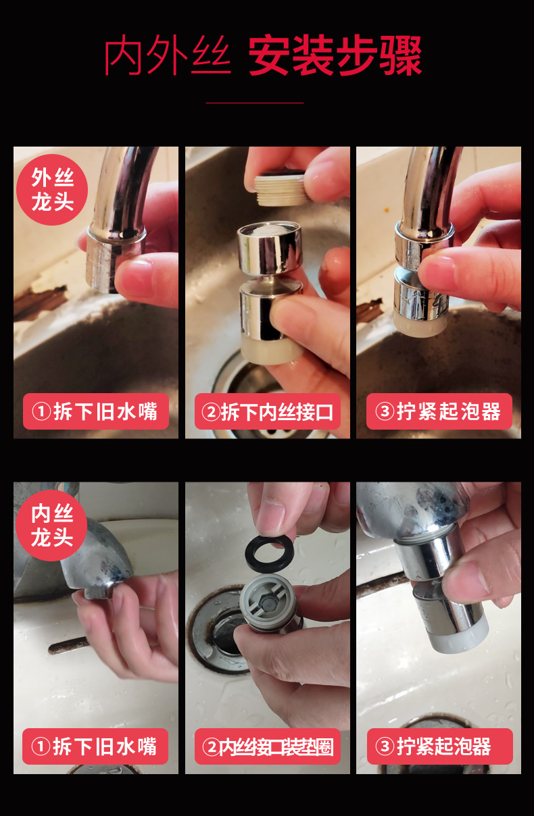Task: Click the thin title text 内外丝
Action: [x=167, y=56]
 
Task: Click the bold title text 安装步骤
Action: [x=335, y=56]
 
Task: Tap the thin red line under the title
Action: [x=254, y=103]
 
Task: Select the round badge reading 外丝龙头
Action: [x=52, y=190]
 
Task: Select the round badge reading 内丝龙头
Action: [x=52, y=526]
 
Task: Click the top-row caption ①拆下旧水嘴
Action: [x=95, y=411]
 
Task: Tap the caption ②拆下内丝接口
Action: [x=268, y=411]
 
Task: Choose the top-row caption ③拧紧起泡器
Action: [x=439, y=411]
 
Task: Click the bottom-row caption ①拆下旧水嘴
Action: [x=95, y=746]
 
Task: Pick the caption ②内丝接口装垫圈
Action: [x=268, y=746]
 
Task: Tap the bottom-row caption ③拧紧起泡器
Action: [x=439, y=746]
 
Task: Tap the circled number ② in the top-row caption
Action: [x=212, y=412]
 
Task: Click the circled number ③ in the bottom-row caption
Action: [x=385, y=747]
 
